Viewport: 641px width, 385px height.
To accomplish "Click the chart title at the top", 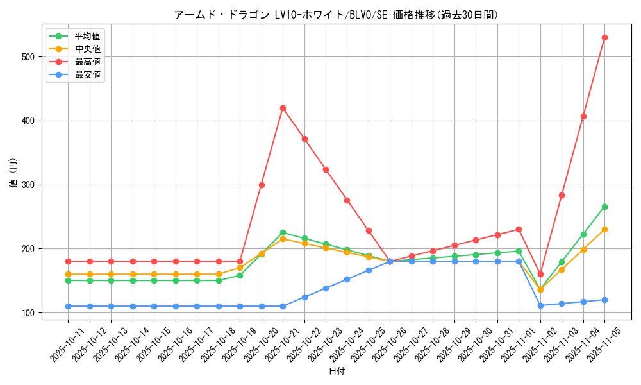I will [336, 14].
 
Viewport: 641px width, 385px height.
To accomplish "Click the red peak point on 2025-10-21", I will [283, 108].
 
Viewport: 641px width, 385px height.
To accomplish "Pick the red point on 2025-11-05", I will [604, 37].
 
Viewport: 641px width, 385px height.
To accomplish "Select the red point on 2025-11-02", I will [540, 274].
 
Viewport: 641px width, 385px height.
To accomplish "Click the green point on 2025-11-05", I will [604, 207].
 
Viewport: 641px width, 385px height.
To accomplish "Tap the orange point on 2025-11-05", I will [604, 229].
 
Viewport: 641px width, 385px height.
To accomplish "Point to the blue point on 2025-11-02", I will [540, 305].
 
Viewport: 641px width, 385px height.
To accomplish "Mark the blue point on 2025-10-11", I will [68, 306].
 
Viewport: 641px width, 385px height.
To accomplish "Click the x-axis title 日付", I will [337, 372].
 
